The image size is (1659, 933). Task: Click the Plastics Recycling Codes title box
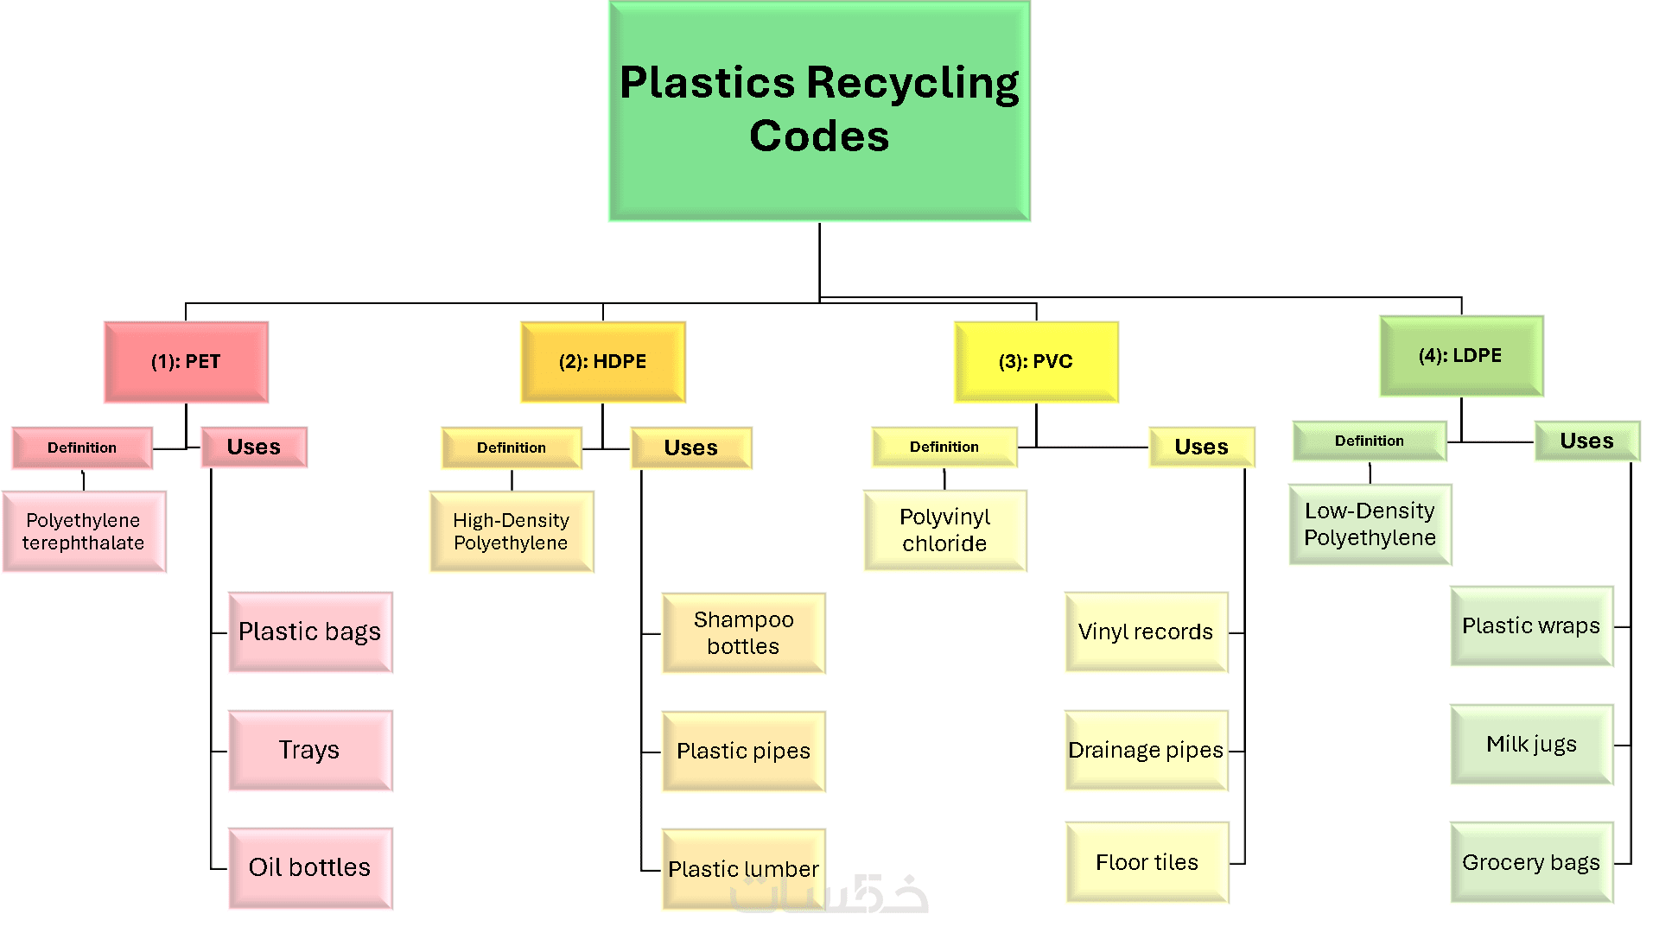click(819, 111)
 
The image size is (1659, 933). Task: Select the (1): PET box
click(186, 362)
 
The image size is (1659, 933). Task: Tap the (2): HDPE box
click(602, 362)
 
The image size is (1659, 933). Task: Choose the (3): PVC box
click(1036, 362)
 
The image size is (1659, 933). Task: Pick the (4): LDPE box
click(1461, 356)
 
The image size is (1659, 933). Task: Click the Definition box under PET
click(82, 447)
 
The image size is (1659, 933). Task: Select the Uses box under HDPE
click(691, 447)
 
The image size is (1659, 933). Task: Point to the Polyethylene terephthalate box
click(84, 531)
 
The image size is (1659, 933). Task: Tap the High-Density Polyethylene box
click(512, 531)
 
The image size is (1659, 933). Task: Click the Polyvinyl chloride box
click(945, 530)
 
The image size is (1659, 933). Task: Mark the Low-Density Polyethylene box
click(1370, 524)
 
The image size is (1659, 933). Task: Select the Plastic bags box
click(310, 632)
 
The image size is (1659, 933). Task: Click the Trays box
click(310, 750)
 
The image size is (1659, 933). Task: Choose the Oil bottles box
click(310, 867)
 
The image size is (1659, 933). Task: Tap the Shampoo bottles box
click(743, 632)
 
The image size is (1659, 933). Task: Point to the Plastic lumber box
click(743, 868)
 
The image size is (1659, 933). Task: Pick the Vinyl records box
click(1146, 632)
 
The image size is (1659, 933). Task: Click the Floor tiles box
click(1147, 862)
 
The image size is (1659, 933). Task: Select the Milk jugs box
click(1531, 744)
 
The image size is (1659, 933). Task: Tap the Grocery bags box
click(1531, 862)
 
